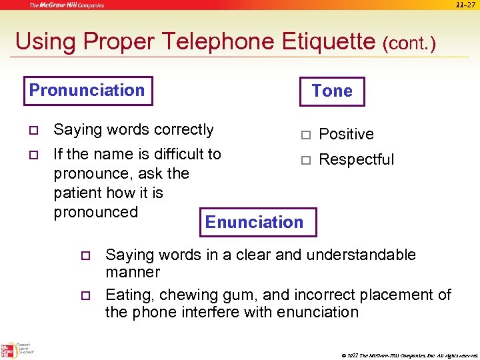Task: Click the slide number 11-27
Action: pos(466,5)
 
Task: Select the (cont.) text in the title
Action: pos(409,43)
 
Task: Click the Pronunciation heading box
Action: pos(87,91)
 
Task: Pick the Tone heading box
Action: pos(332,91)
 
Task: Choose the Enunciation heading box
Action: pos(254,222)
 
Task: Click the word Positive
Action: pos(346,134)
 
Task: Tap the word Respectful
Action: pos(356,159)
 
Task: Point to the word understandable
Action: pos(357,255)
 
